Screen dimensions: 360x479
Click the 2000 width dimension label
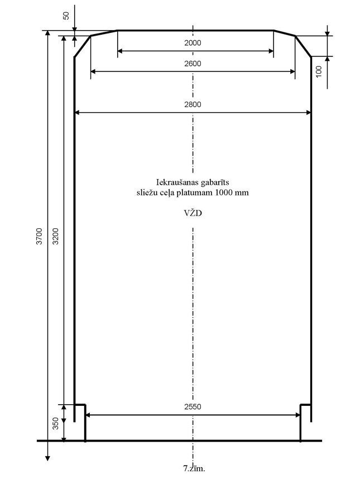point(193,43)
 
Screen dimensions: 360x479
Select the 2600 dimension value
point(193,64)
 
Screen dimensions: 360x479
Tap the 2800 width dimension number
point(193,104)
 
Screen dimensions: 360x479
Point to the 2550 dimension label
point(193,406)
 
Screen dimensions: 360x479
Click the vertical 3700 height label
point(40,236)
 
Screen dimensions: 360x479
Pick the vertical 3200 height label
point(56,236)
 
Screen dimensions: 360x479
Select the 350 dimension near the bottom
point(56,423)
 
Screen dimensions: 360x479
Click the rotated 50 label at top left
point(66,16)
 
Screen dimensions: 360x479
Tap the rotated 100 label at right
point(319,71)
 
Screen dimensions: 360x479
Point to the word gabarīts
point(215,183)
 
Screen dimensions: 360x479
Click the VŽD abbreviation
point(193,213)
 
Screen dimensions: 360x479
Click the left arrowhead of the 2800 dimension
point(77,113)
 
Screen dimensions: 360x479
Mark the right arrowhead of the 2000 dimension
point(271,51)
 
